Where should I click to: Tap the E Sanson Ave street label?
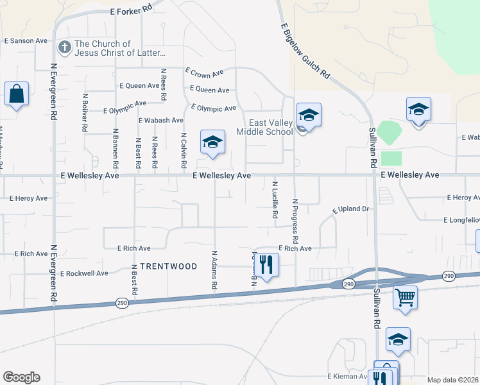tap(26, 40)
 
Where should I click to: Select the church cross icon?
tap(64, 47)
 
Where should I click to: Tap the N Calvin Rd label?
tap(184, 151)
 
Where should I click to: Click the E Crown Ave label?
tap(204, 73)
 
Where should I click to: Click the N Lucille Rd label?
tap(275, 200)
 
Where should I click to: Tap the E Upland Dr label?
tap(352, 209)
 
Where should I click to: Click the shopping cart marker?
tap(405, 297)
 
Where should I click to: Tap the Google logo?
tap(21, 377)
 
